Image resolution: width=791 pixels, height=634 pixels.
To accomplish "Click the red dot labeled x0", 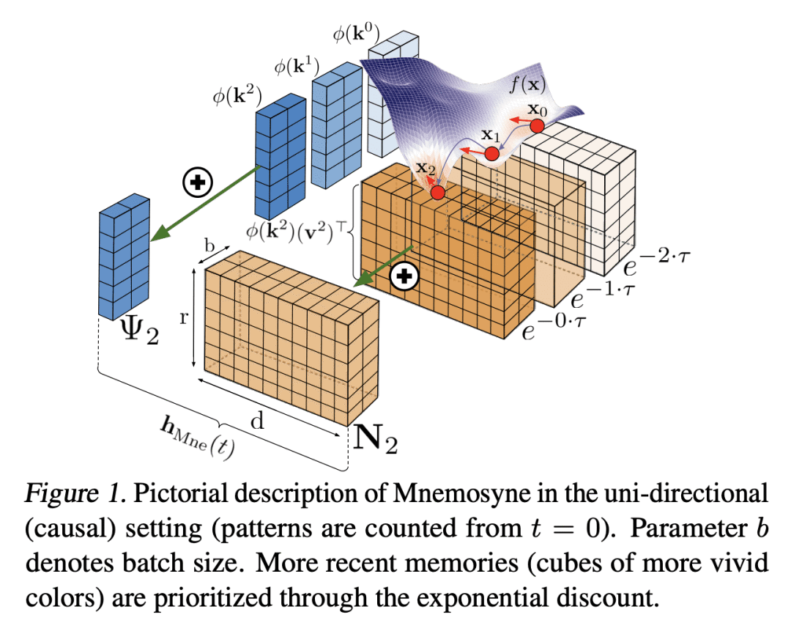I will click(537, 126).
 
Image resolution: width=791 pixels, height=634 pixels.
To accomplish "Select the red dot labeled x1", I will click(491, 154).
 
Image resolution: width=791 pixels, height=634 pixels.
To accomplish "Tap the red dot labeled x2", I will click(438, 193).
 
